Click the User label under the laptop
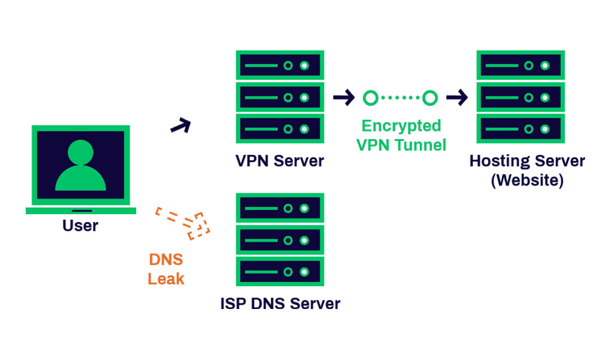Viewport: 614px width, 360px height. (x=80, y=226)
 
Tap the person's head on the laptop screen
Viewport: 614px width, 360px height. (x=80, y=152)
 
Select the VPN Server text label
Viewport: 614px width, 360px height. (x=279, y=161)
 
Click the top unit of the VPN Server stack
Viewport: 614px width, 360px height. (x=280, y=65)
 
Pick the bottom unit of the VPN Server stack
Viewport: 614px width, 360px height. (x=280, y=128)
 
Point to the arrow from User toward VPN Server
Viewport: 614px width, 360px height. (x=180, y=126)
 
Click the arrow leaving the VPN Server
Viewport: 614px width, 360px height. (x=344, y=97)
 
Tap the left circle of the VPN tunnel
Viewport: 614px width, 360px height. (x=371, y=97)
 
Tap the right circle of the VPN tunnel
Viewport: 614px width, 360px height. (x=429, y=97)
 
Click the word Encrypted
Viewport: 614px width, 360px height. (x=401, y=126)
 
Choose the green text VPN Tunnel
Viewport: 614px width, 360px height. (x=401, y=145)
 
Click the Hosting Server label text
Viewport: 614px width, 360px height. (x=527, y=161)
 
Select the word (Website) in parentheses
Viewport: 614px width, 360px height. (x=527, y=179)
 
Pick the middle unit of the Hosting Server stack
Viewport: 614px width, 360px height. (x=520, y=97)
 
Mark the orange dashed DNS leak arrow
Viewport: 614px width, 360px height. (x=183, y=222)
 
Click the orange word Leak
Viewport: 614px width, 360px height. (x=166, y=278)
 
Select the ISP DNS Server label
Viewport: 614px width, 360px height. (x=280, y=304)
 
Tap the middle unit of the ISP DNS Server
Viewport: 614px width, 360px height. (x=280, y=240)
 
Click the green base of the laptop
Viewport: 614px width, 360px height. (x=81, y=211)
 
